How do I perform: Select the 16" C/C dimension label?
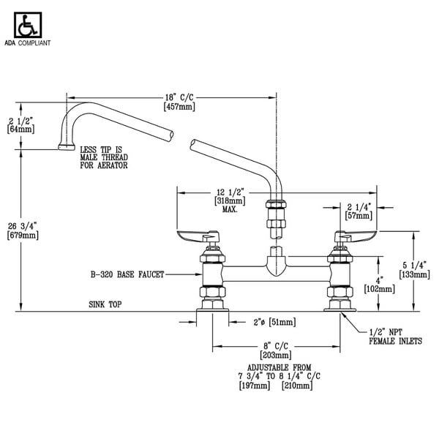click(x=179, y=101)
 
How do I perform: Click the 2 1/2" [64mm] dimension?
click(x=20, y=124)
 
